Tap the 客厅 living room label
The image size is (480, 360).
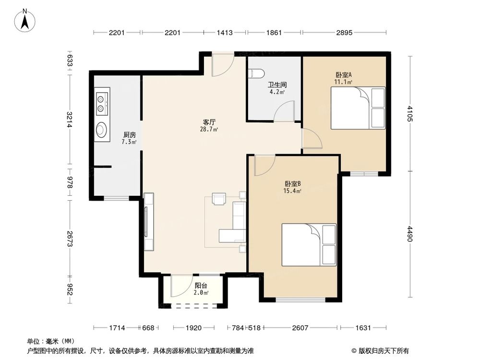pos(210,122)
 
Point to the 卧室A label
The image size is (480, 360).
pos(344,75)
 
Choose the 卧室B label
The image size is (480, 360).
pos(292,184)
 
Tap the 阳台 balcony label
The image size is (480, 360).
pos(201,286)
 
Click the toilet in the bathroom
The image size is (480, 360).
pos(256,73)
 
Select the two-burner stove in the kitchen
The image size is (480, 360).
pos(102,102)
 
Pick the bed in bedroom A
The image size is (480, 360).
pos(358,108)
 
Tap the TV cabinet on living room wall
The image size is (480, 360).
pos(148,222)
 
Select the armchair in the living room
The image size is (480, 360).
pos(219,199)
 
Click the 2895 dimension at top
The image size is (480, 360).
pos(344,33)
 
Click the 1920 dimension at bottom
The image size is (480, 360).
pos(193,328)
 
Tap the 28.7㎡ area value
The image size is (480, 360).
pos(210,130)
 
